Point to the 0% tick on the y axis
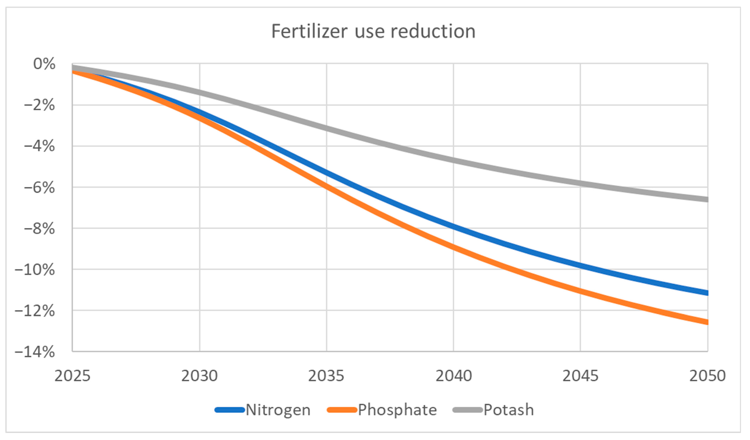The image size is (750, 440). click(x=44, y=64)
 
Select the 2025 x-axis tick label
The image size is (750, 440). click(x=72, y=376)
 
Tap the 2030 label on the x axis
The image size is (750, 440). click(x=199, y=376)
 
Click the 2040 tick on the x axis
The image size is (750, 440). click(x=454, y=376)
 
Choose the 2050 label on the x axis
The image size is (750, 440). click(x=707, y=376)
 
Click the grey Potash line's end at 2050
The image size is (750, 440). click(x=707, y=199)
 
